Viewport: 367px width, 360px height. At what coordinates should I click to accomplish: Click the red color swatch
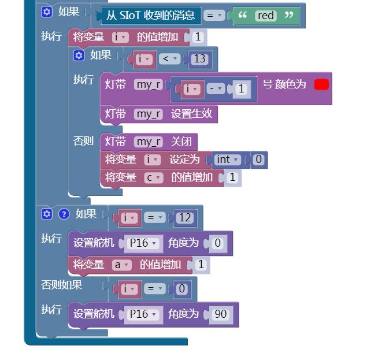321,84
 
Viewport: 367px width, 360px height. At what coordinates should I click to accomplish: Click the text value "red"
266,16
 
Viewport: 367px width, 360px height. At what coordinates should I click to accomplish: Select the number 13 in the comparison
199,58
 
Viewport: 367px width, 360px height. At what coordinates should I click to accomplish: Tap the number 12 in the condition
185,218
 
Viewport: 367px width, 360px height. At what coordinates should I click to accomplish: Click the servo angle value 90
220,314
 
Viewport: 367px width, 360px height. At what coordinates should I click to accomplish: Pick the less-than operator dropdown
169,58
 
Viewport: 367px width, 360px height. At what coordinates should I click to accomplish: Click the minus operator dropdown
216,89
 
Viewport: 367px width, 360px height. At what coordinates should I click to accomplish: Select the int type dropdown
227,159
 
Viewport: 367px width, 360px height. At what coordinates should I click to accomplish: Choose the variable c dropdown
153,178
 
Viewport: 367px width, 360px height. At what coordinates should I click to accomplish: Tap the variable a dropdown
121,265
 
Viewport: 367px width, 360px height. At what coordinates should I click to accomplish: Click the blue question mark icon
64,214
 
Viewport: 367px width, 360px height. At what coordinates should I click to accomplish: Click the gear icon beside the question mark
47,214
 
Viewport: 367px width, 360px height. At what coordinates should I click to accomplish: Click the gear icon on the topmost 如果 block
47,12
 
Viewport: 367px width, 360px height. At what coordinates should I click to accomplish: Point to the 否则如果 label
62,285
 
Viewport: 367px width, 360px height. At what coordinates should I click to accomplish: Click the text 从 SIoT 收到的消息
150,16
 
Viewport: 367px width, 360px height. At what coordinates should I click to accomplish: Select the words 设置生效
191,114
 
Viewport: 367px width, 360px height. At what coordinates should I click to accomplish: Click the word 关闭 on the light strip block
181,142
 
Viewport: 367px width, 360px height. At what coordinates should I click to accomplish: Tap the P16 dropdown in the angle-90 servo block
143,314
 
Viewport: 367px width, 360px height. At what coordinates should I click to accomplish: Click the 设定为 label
184,159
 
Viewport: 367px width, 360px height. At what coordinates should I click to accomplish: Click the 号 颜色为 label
284,84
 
